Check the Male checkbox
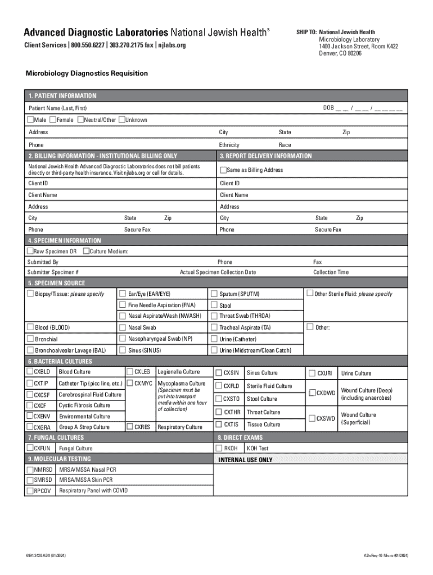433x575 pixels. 30,120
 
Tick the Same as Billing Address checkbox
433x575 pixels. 223,170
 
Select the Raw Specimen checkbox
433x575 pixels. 30,251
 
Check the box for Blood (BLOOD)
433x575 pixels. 30,327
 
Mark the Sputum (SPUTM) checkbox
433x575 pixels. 214,294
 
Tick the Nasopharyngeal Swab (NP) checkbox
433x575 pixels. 122,339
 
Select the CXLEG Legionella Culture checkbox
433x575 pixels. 130,372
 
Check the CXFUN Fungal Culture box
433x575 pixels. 30,448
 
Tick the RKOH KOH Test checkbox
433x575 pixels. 219,448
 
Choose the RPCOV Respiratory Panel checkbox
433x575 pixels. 30,490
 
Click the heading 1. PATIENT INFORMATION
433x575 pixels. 62,96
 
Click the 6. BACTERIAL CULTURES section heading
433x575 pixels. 60,362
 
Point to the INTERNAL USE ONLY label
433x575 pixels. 245,460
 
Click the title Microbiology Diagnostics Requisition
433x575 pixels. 87,74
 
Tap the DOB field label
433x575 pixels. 328,108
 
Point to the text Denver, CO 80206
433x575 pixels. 340,53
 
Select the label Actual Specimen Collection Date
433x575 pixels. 218,272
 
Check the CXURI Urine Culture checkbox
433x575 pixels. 313,373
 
